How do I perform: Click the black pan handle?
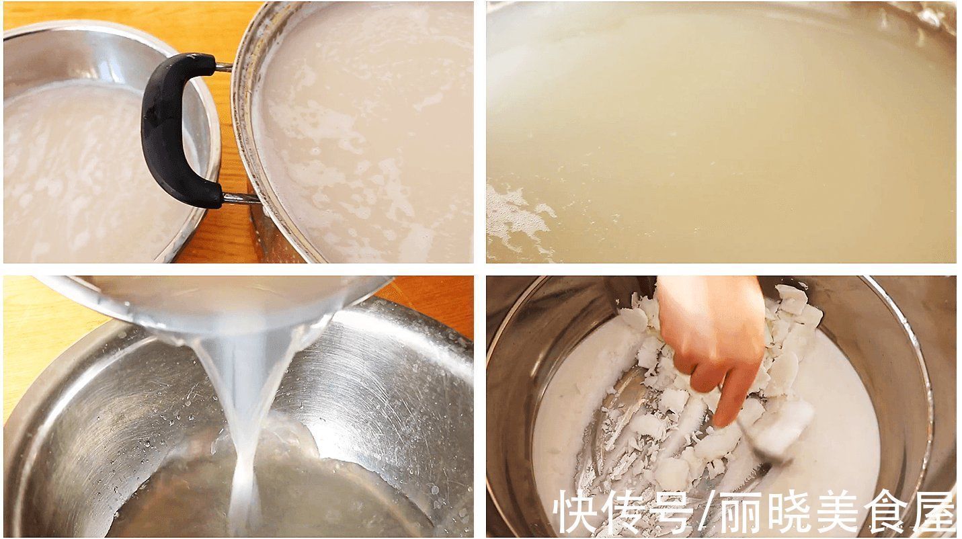click(165, 128)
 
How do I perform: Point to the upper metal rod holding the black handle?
click(223, 67)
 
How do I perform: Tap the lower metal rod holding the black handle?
click(239, 198)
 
